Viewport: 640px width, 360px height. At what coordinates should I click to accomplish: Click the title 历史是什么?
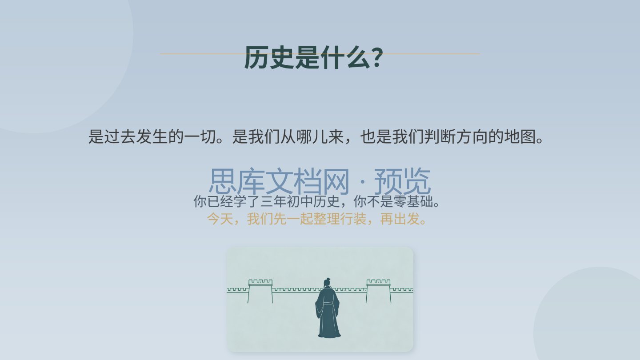pos(313,57)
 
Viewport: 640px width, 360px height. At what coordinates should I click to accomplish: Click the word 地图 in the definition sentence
pos(520,136)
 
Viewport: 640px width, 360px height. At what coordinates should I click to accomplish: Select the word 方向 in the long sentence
pos(472,136)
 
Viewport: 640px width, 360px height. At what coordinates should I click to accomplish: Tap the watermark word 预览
pos(402,181)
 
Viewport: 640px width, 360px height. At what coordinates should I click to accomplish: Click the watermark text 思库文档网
pos(279,181)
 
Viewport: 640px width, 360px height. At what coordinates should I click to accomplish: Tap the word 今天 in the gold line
pos(220,219)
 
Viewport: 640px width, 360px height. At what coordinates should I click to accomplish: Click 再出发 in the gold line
pos(400,219)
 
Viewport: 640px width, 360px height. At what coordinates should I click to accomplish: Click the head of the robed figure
pos(327,283)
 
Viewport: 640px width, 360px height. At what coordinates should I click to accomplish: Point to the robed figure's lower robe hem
pos(329,334)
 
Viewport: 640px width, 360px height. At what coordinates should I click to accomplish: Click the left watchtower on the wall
pos(260,291)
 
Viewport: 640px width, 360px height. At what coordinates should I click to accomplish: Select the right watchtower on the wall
pos(378,291)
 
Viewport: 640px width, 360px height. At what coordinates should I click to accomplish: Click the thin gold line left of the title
pos(202,54)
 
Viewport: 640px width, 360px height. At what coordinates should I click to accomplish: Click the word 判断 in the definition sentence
pos(440,136)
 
